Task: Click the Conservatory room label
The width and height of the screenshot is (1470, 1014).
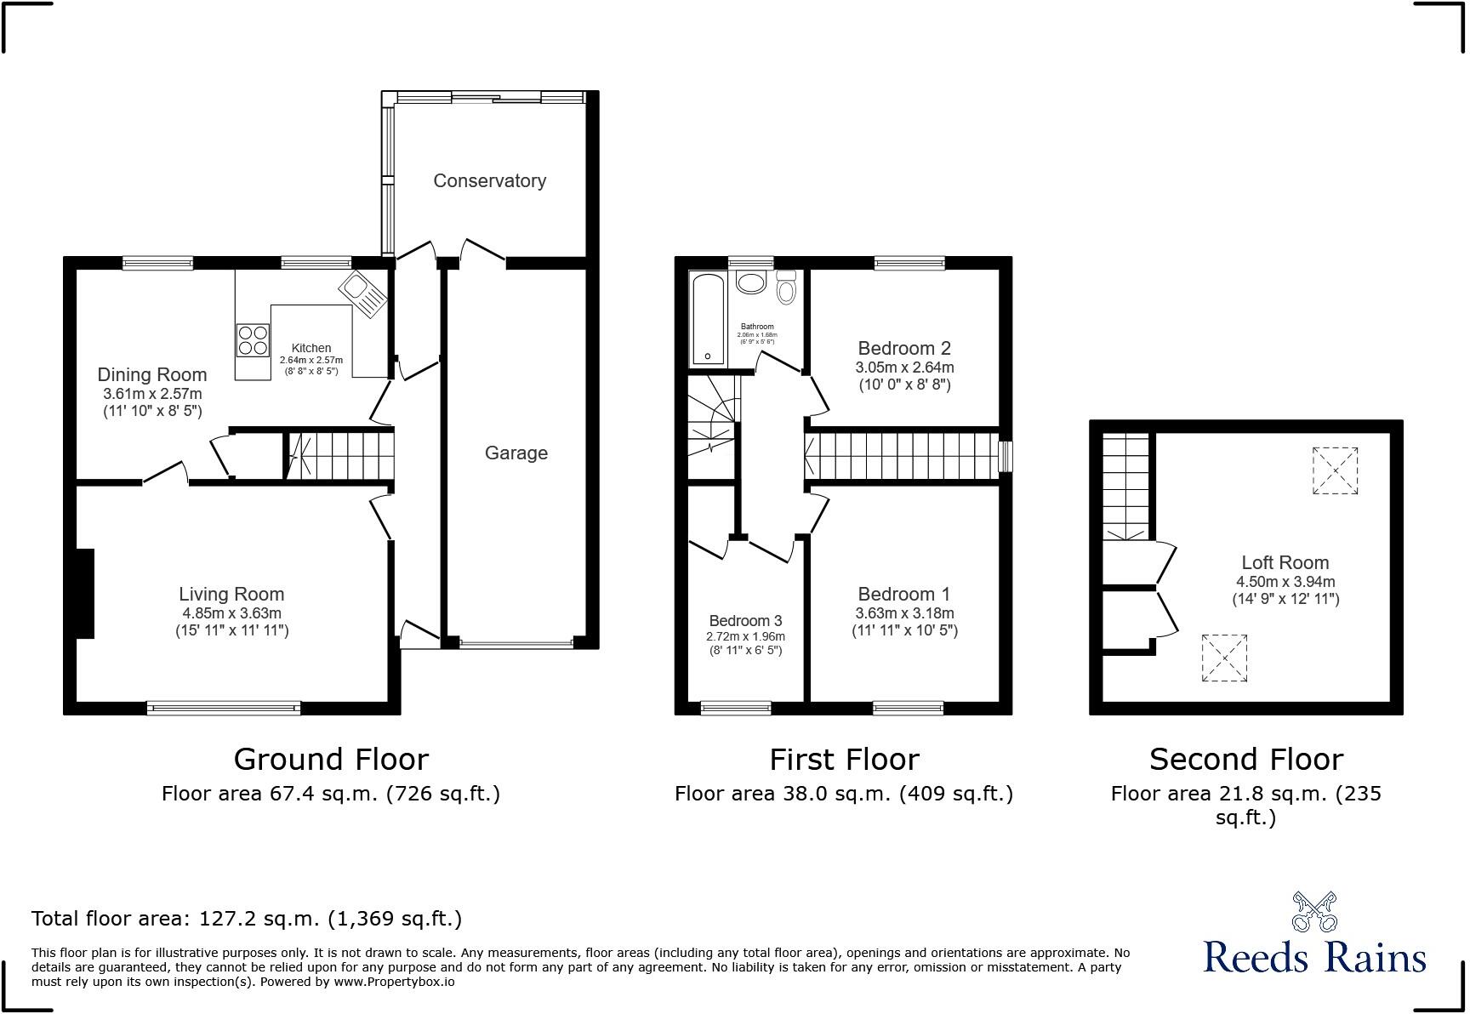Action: [x=489, y=180]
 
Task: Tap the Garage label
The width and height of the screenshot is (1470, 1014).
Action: [x=516, y=453]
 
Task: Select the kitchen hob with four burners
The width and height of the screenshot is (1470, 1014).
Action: [x=253, y=340]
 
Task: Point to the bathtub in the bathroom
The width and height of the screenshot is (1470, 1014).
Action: [x=706, y=319]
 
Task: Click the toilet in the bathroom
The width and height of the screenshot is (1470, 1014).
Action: [x=786, y=288]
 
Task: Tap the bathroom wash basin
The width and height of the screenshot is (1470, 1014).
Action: [x=752, y=282]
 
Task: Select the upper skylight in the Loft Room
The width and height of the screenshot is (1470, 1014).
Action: [x=1335, y=470]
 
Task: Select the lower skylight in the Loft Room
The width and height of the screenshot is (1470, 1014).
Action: [x=1224, y=658]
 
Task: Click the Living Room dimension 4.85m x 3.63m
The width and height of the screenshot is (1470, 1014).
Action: [x=231, y=613]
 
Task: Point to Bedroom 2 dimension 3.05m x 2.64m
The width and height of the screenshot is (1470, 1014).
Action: [x=904, y=367]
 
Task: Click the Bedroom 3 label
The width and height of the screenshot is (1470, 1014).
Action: [x=745, y=621]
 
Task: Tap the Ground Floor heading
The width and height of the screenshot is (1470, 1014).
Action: [x=331, y=759]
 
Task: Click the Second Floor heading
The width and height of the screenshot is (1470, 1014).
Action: [x=1245, y=759]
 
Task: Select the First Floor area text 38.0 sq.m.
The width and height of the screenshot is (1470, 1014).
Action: [x=843, y=794]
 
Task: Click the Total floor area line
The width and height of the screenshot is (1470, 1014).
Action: [x=247, y=919]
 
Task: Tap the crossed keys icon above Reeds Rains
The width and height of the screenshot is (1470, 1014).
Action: [x=1314, y=912]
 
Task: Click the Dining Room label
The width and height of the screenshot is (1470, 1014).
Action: [x=152, y=374]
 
